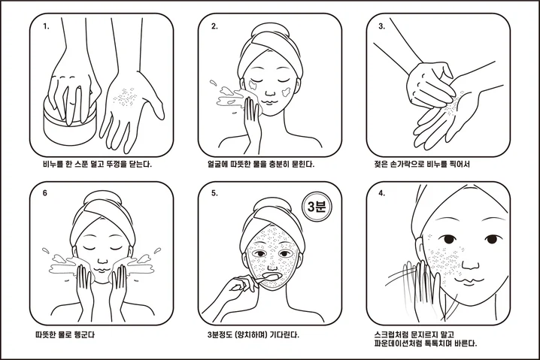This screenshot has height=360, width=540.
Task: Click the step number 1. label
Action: click(x=46, y=26)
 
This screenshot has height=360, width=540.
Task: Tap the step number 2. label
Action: click(x=214, y=26)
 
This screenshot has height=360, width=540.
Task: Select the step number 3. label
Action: click(x=382, y=26)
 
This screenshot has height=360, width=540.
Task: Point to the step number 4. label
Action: click(x=382, y=193)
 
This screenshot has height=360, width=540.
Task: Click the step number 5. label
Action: click(x=214, y=193)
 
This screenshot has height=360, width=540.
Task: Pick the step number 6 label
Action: click(x=45, y=193)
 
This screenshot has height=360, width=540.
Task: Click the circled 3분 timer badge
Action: click(x=317, y=207)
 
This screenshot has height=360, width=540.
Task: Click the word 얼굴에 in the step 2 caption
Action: click(x=217, y=164)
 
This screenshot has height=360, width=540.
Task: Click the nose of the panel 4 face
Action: click(x=470, y=263)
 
